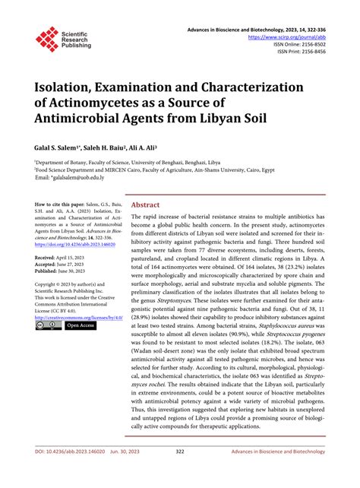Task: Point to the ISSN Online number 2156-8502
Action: pos(315,45)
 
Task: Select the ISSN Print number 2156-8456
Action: pos(315,53)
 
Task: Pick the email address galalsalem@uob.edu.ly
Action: pos(84,177)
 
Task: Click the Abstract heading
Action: pos(146,205)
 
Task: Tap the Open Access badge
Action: pos(81,325)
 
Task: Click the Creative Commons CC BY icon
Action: pos(49,325)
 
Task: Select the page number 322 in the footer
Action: pos(180,473)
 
